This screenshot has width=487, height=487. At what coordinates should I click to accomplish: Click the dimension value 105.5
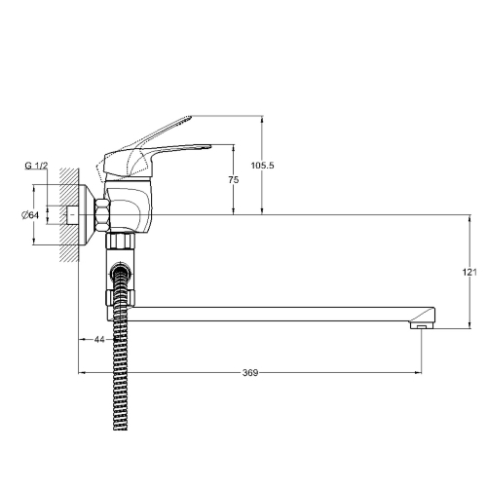(x=262, y=166)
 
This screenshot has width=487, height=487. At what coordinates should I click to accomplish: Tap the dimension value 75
(x=234, y=179)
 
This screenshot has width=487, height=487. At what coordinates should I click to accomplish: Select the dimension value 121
(x=469, y=272)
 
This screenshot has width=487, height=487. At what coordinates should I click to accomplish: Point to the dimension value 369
(x=250, y=373)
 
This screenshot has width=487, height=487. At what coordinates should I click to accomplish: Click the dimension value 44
(x=99, y=339)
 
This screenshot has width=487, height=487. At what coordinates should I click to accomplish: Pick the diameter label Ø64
(x=30, y=215)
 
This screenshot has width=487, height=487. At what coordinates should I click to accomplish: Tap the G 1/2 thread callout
(x=36, y=166)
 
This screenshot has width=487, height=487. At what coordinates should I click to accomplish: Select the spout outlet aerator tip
(x=422, y=325)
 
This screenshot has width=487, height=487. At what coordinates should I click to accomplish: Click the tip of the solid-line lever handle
(x=210, y=146)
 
